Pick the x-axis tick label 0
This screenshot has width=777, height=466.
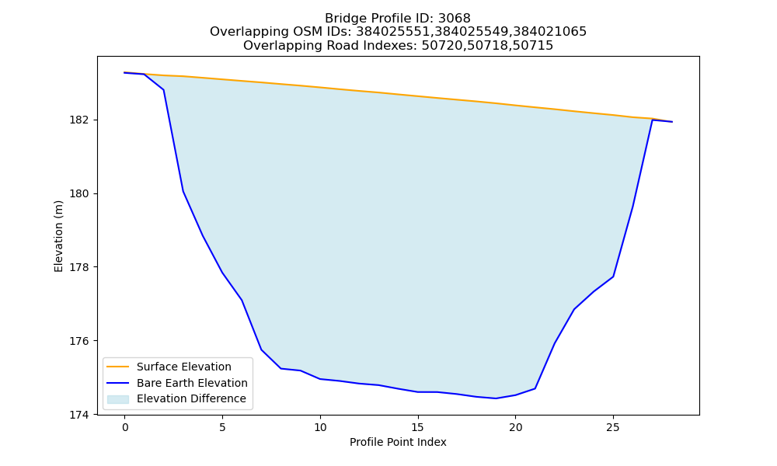[125, 427]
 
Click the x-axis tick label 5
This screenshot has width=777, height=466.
[222, 427]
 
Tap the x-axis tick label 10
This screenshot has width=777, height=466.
[320, 427]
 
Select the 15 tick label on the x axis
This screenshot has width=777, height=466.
[418, 427]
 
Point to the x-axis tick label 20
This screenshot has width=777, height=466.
[515, 427]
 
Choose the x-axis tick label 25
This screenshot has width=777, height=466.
[613, 427]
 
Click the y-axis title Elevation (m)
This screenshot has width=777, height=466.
[58, 236]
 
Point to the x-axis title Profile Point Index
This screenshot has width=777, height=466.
[398, 442]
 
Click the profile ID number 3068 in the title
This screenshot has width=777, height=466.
[454, 19]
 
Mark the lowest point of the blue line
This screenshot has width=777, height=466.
[496, 398]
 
